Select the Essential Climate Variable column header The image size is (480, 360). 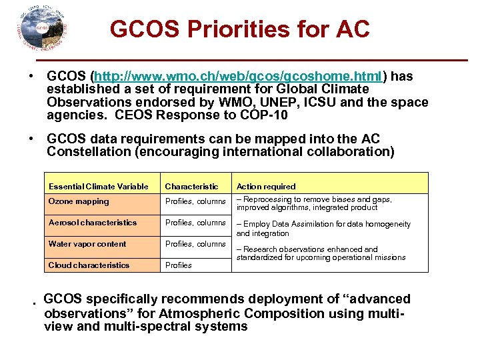(x=99, y=187)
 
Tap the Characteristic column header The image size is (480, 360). (x=191, y=187)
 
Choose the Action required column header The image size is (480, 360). (x=266, y=187)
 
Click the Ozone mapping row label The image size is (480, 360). (x=79, y=201)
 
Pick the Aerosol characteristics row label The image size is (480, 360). (x=93, y=223)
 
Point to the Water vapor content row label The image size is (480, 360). (x=87, y=244)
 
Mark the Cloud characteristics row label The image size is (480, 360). (x=89, y=265)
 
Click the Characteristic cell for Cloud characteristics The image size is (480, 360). (x=178, y=265)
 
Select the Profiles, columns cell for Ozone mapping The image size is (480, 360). (x=195, y=201)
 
